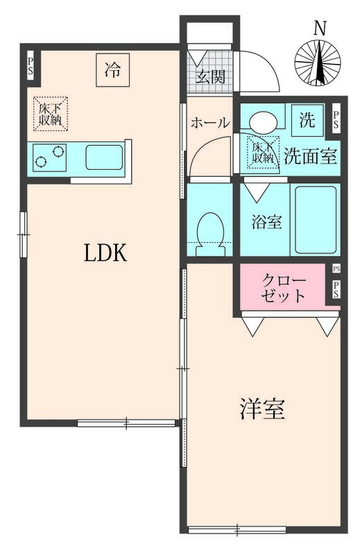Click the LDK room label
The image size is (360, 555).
tap(105, 254)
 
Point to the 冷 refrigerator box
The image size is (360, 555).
tap(112, 69)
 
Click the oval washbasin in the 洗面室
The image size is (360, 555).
tap(264, 122)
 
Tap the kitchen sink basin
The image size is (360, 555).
tap(104, 157)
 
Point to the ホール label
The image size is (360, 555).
tap(210, 123)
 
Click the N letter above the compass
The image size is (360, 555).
tap(319, 28)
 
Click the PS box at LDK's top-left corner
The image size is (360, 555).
tap(31, 66)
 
